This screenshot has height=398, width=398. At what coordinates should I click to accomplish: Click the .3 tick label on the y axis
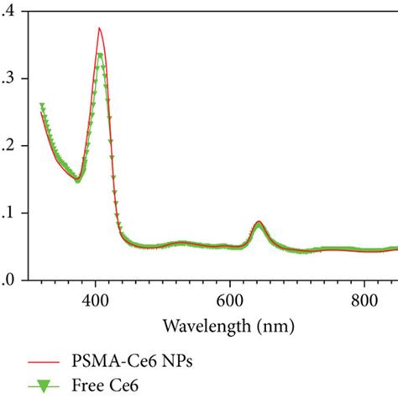6,78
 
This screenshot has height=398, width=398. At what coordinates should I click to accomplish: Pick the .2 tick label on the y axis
6,146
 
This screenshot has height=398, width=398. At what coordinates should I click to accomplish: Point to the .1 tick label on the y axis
6,213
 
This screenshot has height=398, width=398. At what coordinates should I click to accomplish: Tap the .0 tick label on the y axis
6,281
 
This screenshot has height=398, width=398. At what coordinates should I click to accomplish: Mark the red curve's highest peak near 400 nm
99,28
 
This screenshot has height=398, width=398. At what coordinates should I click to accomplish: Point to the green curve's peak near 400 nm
100,56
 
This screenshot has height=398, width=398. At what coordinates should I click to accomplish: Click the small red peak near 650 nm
259,222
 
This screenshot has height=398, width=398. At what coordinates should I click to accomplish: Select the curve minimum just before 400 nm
78,180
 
